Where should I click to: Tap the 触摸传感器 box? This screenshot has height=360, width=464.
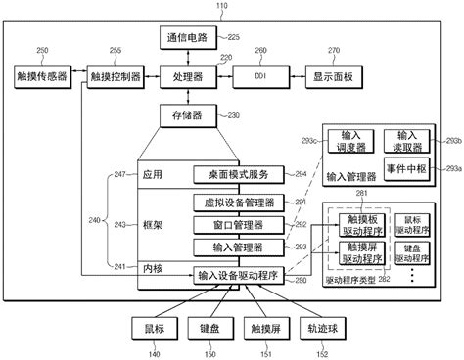[x=42, y=75]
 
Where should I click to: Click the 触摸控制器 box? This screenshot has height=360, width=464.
[x=116, y=75]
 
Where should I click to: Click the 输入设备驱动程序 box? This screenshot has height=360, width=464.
[x=239, y=276]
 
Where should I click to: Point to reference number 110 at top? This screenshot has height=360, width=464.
[x=221, y=6]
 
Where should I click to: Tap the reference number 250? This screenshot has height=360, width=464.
[x=42, y=50]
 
